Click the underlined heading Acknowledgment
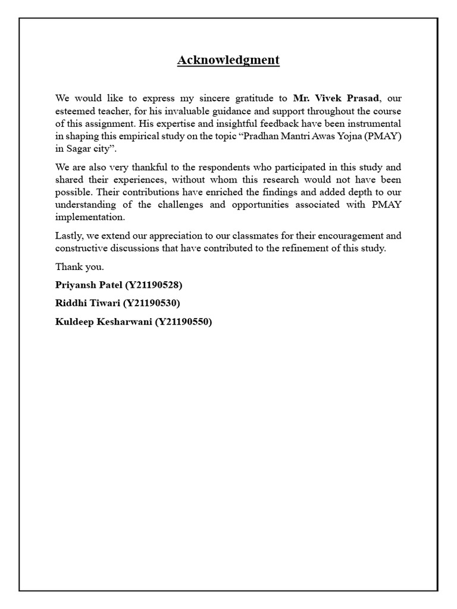click(x=228, y=60)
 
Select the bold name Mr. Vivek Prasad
click(x=336, y=98)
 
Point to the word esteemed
click(x=74, y=111)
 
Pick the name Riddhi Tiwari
click(x=87, y=303)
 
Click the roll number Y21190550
click(x=183, y=322)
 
